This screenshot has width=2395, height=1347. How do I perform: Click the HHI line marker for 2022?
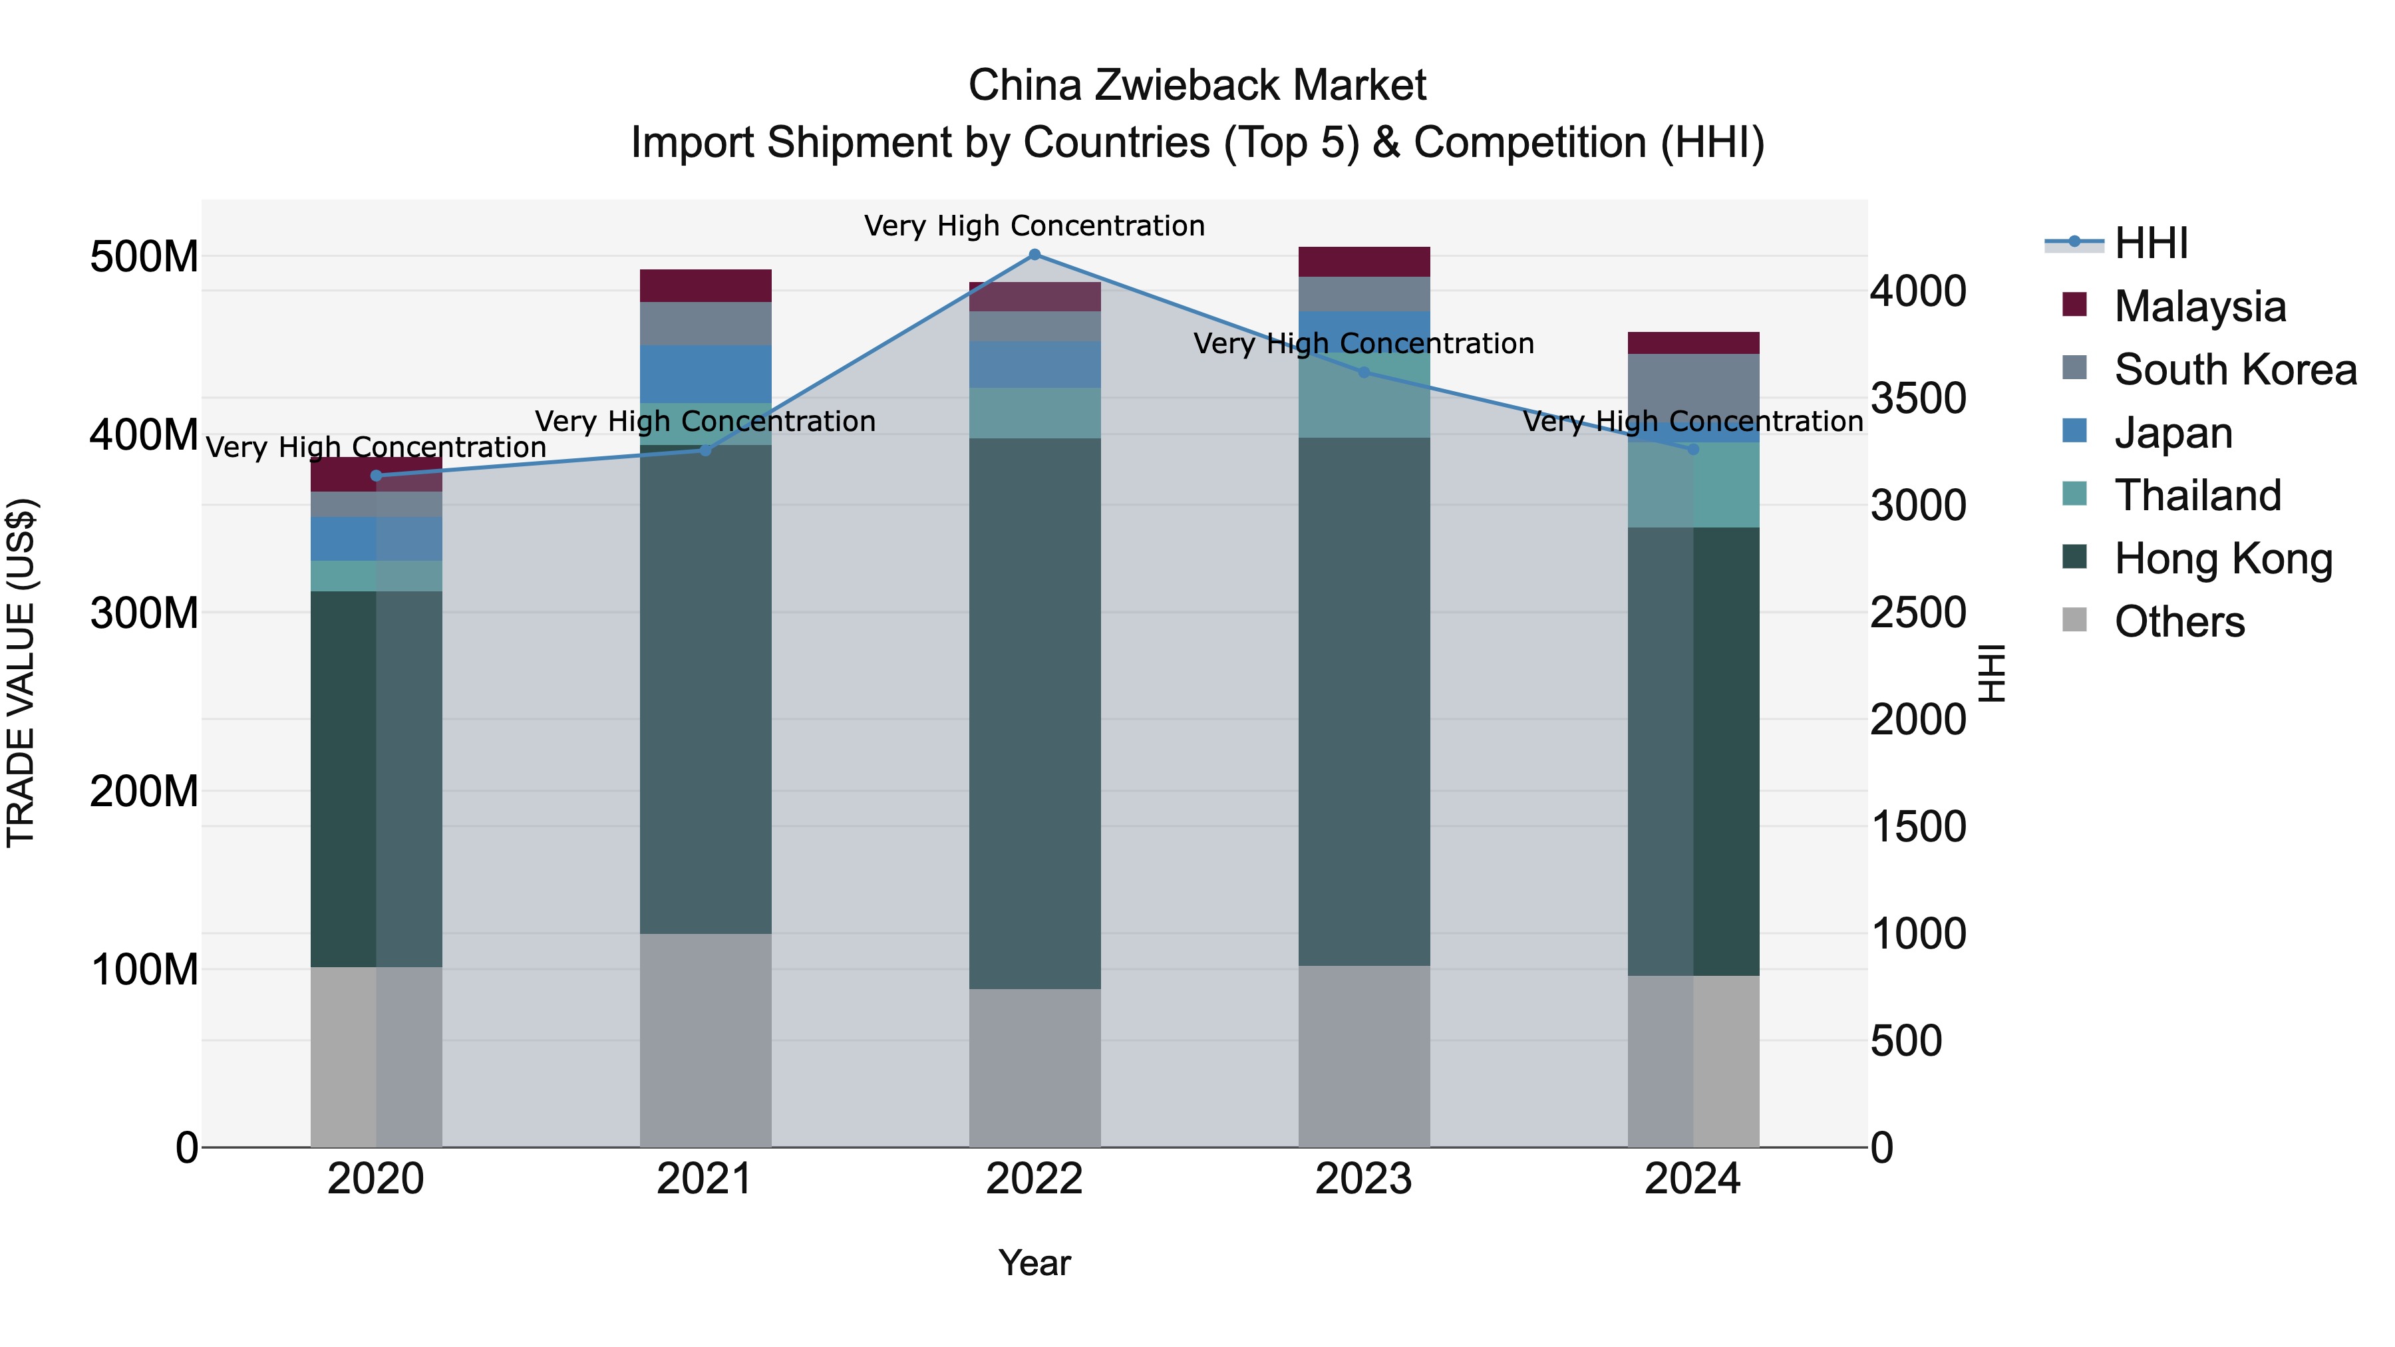[x=1035, y=255]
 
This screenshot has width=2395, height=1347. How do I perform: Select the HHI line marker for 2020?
[x=377, y=476]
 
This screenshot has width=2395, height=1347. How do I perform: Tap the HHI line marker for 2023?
[x=1364, y=373]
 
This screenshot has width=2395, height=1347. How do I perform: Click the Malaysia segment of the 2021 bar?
[x=706, y=285]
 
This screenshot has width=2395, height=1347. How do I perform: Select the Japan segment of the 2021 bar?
[x=706, y=374]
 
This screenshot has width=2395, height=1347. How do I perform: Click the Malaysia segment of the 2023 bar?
[x=1364, y=261]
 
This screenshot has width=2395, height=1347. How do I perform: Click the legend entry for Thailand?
[x=2196, y=496]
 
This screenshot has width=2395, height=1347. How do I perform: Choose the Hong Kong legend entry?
[x=2222, y=559]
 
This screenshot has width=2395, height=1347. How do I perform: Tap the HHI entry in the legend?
[x=2150, y=243]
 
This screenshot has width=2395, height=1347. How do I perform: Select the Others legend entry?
[x=2177, y=622]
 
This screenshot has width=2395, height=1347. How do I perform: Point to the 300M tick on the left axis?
[x=144, y=613]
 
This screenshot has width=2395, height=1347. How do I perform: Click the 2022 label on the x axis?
[x=1035, y=1179]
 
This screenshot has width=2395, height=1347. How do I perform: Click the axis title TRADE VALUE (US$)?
[x=21, y=673]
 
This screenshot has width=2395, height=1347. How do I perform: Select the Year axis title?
[x=1035, y=1263]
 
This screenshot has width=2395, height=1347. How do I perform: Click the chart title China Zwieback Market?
[x=1197, y=86]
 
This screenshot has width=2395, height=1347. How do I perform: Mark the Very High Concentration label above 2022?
[x=1035, y=226]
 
